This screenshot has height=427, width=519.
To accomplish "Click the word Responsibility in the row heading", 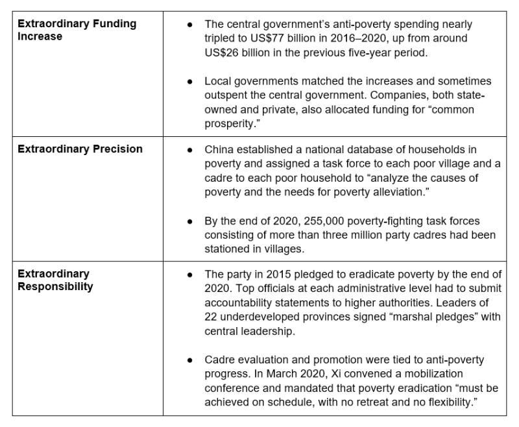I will pyautogui.click(x=55, y=286).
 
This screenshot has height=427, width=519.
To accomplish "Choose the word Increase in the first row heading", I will pyautogui.click(x=40, y=36).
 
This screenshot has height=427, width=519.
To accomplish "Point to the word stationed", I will pyautogui.click(x=227, y=250).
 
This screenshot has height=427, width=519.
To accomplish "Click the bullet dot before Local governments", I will pyautogui.click(x=190, y=82).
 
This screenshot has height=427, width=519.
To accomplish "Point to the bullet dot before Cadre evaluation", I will pyautogui.click(x=190, y=360).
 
